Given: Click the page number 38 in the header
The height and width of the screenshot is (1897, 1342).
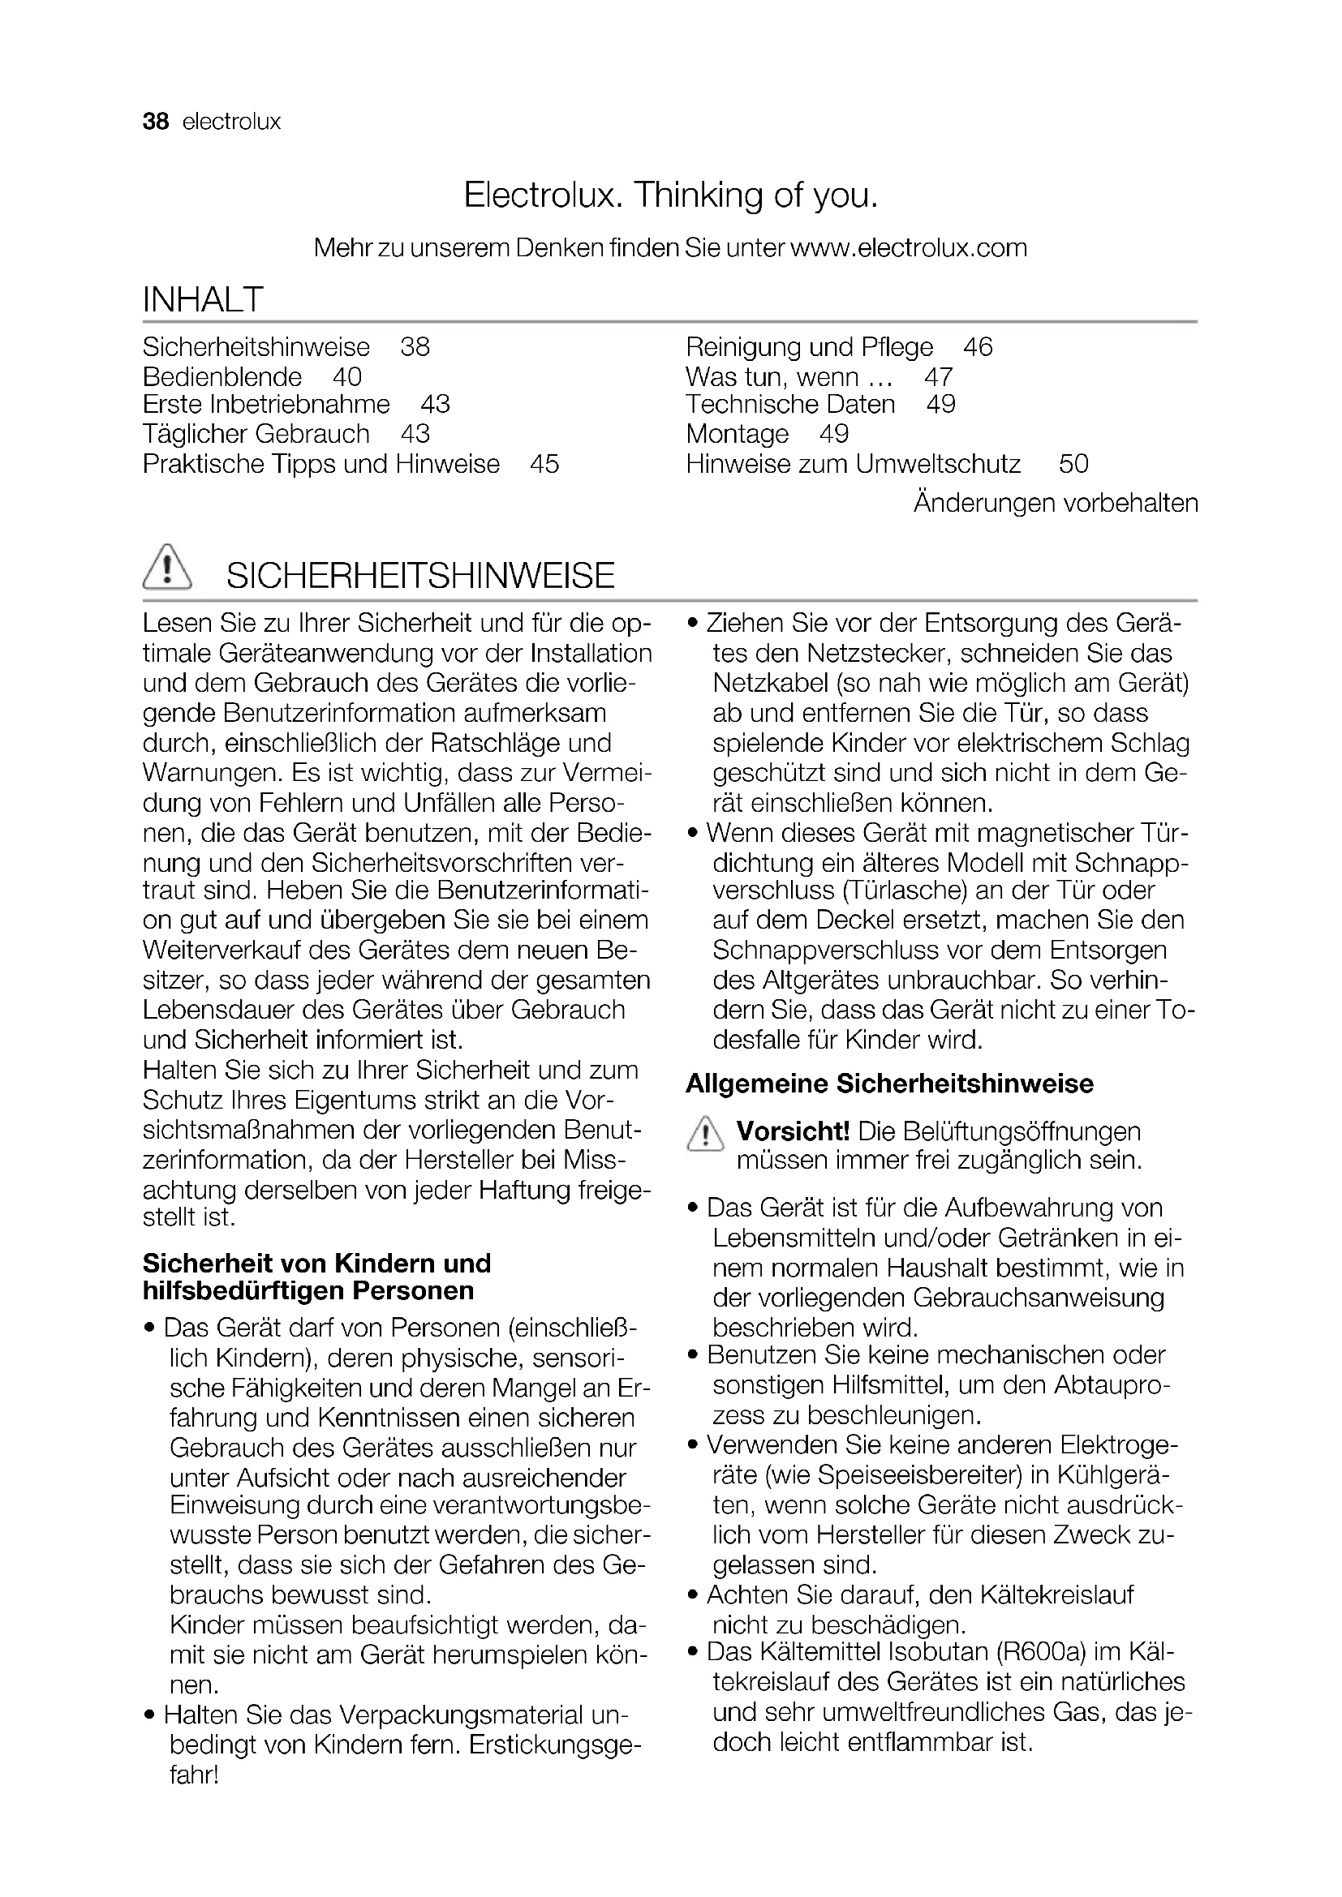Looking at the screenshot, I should (155, 122).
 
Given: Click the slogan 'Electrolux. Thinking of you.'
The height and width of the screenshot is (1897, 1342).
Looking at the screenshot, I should (670, 195).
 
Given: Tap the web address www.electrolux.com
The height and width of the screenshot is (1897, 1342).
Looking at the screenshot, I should (908, 248).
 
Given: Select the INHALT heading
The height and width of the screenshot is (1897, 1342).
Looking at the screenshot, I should (203, 299).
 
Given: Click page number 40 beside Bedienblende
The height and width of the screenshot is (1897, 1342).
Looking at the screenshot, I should (347, 377).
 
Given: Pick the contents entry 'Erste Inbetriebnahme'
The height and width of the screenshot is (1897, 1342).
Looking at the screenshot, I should (266, 404).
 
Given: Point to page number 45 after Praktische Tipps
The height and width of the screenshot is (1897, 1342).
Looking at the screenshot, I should (544, 464).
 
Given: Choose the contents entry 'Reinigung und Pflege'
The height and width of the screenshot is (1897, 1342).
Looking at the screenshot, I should (809, 347).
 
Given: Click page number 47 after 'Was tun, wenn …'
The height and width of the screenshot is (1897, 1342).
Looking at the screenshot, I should (939, 377).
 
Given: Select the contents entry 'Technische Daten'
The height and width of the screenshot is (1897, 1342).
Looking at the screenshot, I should (790, 404).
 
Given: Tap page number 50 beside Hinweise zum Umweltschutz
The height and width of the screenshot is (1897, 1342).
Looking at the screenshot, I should (1073, 464).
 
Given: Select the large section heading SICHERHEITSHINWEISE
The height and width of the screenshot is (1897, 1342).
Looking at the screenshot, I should (420, 575).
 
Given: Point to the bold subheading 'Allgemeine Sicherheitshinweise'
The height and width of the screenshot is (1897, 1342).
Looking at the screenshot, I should (889, 1084).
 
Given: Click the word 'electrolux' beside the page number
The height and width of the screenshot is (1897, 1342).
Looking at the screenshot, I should (231, 122).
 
